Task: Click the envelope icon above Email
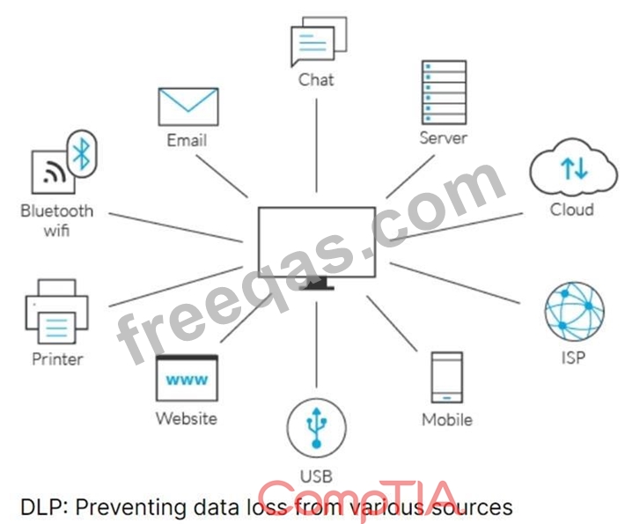coord(188,107)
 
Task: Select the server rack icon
coord(444,92)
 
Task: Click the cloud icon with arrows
coord(574,168)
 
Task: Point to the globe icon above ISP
coord(574,312)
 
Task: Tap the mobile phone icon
coord(447,377)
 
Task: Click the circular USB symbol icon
coord(317,427)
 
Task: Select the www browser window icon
coord(187,378)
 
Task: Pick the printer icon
coord(56,312)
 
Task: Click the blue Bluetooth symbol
coord(82,153)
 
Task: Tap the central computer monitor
coord(317,247)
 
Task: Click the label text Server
coord(444,138)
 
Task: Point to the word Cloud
coord(572,210)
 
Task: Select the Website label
coord(187,418)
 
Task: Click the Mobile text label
coord(447,419)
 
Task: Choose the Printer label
coord(57,359)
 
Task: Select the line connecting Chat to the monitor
coord(317,145)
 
